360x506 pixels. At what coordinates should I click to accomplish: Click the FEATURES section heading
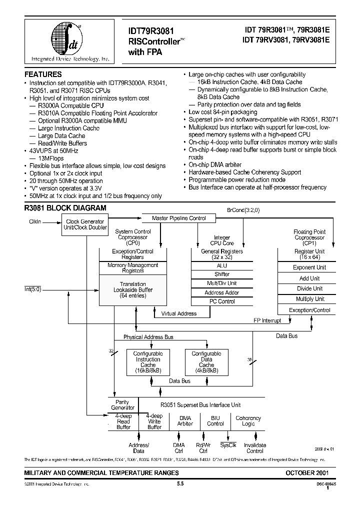click(43, 74)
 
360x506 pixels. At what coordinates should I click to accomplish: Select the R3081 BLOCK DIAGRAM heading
click(65, 207)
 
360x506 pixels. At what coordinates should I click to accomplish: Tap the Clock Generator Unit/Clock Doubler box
click(85, 224)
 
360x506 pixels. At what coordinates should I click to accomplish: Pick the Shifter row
click(222, 274)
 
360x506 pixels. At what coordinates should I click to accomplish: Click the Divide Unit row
click(309, 288)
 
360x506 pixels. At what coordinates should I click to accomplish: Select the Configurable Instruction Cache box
click(148, 362)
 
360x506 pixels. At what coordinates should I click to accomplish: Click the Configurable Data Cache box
click(206, 362)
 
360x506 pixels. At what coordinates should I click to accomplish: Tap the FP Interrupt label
click(267, 320)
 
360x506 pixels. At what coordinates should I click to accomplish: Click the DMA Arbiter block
click(185, 420)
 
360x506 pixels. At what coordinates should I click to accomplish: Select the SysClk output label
click(228, 445)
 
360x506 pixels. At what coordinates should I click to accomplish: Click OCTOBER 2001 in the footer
click(307, 472)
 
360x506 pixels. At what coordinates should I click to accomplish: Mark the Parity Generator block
click(122, 404)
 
